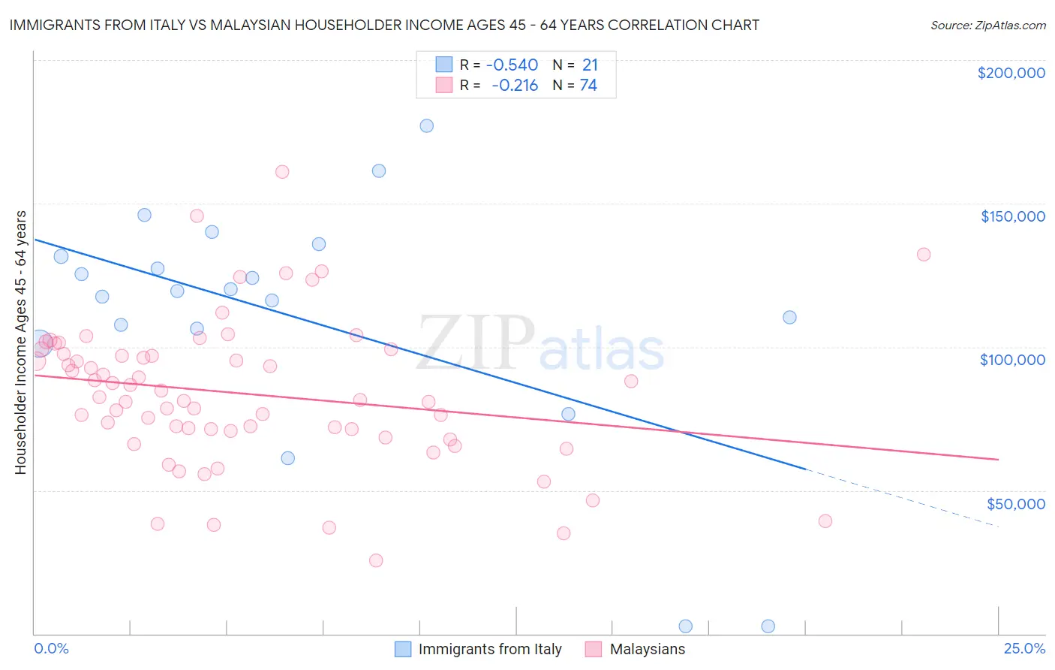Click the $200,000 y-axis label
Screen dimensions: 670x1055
click(x=1011, y=73)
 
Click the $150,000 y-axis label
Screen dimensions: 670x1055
click(x=1012, y=216)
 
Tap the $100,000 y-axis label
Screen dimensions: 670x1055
click(x=1012, y=360)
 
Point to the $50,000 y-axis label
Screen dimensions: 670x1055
click(x=1015, y=503)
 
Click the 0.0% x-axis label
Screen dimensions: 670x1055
click(x=51, y=648)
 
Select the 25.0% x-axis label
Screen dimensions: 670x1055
click(x=1024, y=648)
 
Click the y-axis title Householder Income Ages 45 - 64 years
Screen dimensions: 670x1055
click(x=20, y=342)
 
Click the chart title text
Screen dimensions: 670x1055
click(x=384, y=25)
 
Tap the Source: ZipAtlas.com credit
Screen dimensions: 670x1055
click(x=987, y=25)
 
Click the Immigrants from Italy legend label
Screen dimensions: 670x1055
click(x=489, y=649)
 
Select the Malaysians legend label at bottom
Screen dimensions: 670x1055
click(x=647, y=649)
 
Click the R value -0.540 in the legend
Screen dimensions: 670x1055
click(x=512, y=65)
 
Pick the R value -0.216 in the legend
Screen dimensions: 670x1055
click(x=515, y=86)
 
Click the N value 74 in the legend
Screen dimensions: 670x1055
click(x=588, y=86)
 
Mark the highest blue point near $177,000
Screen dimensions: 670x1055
click(x=426, y=125)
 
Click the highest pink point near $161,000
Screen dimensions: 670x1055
click(x=282, y=172)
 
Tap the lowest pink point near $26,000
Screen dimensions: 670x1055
click(x=376, y=560)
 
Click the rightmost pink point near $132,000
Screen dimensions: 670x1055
click(x=924, y=255)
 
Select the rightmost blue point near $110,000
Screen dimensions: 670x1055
click(x=789, y=317)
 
